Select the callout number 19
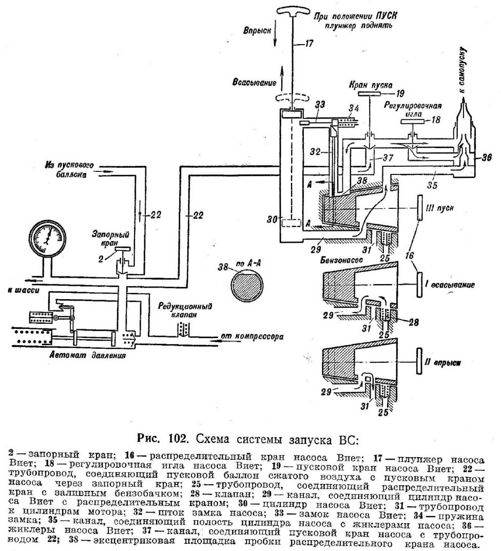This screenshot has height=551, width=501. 400,94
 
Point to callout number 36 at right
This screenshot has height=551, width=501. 486,157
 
